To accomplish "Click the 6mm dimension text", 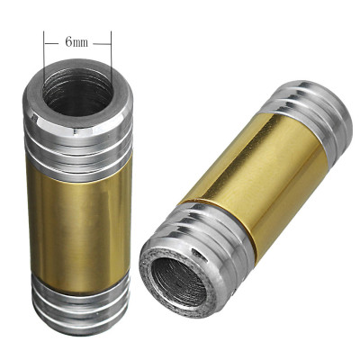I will tap(76, 41).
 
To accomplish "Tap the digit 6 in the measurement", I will tap(68, 41).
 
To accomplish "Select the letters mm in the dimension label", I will tap(81, 41).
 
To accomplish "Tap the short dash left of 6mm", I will tap(54, 41).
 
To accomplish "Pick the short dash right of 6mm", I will tap(100, 41).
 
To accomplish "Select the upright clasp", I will tap(77, 198).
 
